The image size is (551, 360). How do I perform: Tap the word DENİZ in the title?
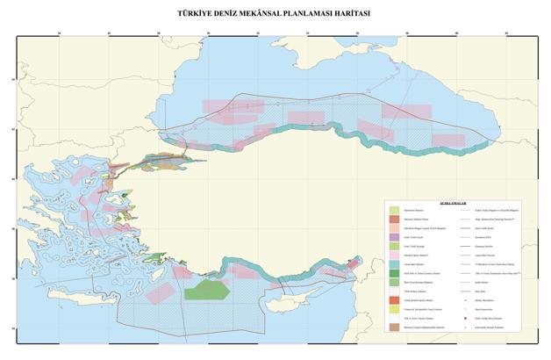pos(214,14)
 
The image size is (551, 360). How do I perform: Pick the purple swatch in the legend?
pos(394,237)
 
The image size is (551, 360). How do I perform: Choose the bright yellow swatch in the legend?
pos(394,310)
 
